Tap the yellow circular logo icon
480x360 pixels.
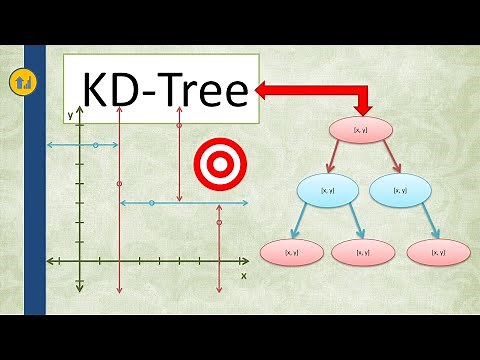(x=21, y=81)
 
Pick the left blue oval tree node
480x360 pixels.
(x=326, y=189)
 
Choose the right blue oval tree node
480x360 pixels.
(x=399, y=189)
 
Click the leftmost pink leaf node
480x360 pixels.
(x=292, y=252)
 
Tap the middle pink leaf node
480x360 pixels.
(x=362, y=252)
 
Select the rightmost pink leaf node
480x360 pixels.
(x=437, y=252)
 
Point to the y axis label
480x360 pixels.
(x=70, y=115)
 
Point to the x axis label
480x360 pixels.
(x=243, y=273)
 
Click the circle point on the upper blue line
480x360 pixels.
(x=95, y=146)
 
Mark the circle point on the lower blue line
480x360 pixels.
(x=151, y=203)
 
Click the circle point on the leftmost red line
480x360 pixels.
(x=119, y=185)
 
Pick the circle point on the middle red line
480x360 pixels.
(x=179, y=126)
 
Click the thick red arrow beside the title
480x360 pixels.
(x=310, y=93)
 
